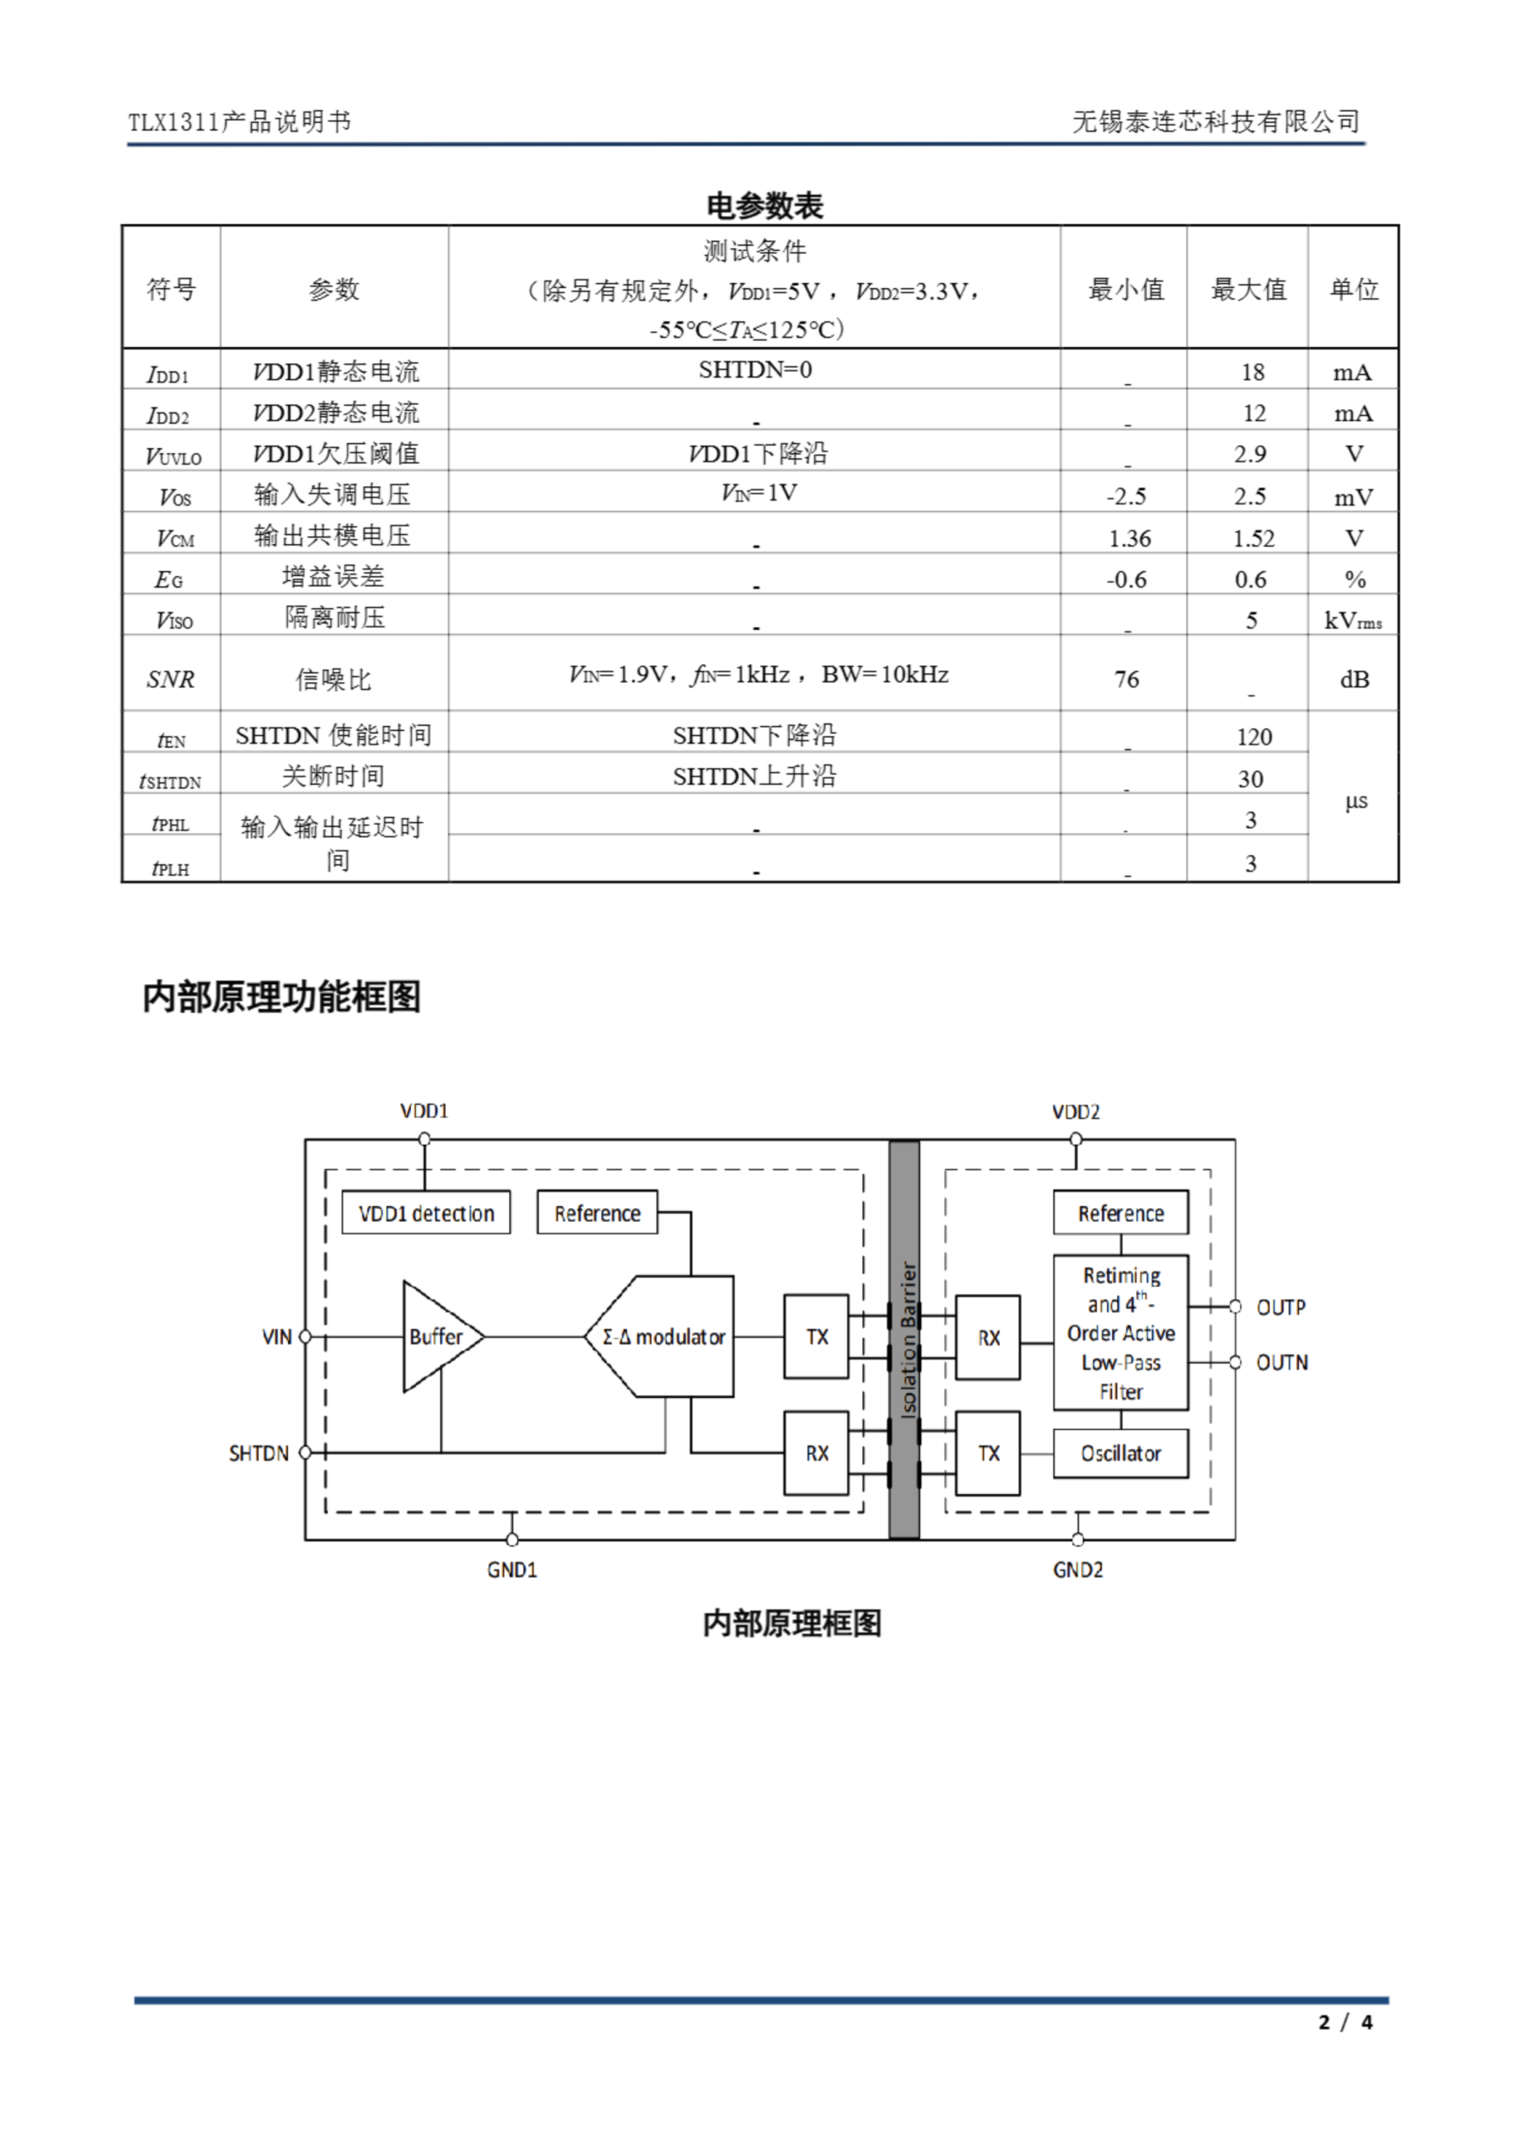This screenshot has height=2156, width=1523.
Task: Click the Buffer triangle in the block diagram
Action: click(x=438, y=1337)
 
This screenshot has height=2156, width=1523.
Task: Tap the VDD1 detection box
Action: click(x=425, y=1214)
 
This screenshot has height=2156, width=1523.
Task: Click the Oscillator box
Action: click(x=1121, y=1454)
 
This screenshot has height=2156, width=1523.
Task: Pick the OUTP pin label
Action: click(x=1281, y=1307)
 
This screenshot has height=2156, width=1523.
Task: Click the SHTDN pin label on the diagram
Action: click(x=258, y=1454)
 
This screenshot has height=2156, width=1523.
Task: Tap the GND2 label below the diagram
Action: click(x=1078, y=1570)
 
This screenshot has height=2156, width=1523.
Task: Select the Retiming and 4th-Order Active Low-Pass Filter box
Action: click(x=1121, y=1332)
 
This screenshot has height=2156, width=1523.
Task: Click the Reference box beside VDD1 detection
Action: click(x=597, y=1214)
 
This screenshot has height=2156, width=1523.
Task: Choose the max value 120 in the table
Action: click(x=1254, y=737)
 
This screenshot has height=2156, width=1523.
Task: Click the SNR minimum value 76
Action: click(x=1126, y=679)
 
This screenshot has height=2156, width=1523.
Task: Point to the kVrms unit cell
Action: click(x=1353, y=621)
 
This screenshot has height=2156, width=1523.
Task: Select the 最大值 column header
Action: click(x=1249, y=289)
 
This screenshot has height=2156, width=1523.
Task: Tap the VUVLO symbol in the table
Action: click(x=173, y=456)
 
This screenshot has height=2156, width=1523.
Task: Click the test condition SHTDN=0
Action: click(x=755, y=370)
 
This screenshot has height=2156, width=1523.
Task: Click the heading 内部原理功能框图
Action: click(x=282, y=996)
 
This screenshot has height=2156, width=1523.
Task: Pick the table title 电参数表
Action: click(x=764, y=205)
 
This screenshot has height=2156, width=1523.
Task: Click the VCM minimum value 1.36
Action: click(x=1130, y=538)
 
